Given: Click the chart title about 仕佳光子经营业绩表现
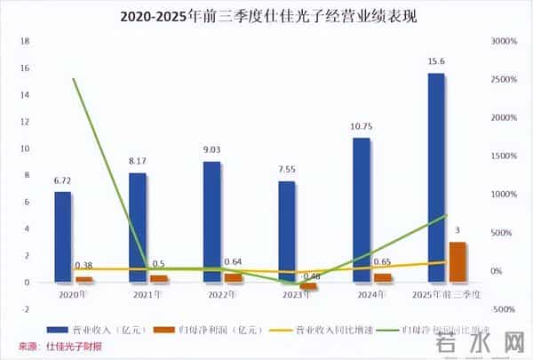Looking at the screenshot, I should tap(266, 16).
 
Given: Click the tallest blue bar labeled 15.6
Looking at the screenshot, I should tap(436, 177).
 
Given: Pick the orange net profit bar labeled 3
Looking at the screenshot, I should tap(457, 261).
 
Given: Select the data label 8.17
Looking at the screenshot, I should tap(137, 163).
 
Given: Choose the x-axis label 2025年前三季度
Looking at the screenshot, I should tap(447, 293).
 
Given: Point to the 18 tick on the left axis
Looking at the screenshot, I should tap(25, 41).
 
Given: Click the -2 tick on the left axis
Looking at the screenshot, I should tap(26, 309).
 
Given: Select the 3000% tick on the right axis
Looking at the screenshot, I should tap(505, 41).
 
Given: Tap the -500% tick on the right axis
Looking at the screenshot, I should tap(503, 309).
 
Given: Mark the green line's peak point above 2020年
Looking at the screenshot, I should tap(73, 79).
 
